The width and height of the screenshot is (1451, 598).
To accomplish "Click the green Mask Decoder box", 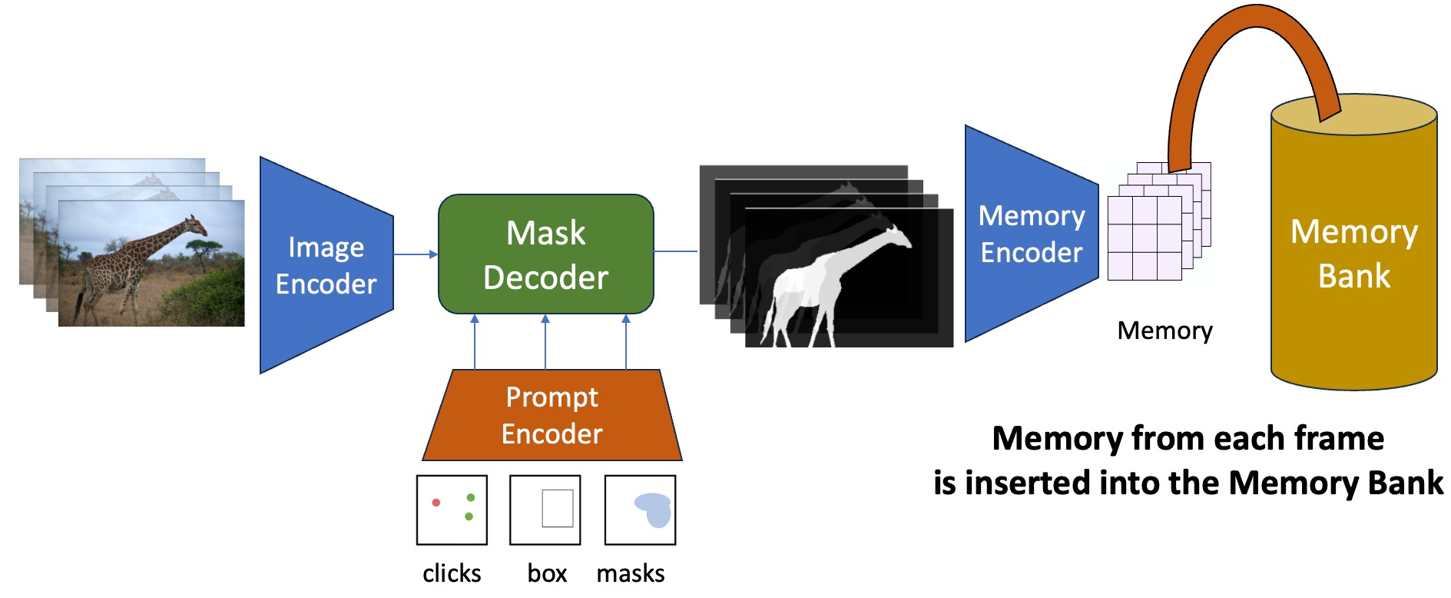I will click(545, 254).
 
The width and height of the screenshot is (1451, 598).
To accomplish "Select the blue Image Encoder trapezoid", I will click(326, 265).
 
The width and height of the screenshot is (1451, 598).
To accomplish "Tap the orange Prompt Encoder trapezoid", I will click(552, 416).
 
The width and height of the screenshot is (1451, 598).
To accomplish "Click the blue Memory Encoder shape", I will click(1030, 234).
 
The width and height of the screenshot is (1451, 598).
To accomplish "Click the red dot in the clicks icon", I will click(436, 503).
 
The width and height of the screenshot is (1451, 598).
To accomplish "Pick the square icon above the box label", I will click(545, 510).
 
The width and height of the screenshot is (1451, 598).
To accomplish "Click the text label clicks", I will click(452, 573).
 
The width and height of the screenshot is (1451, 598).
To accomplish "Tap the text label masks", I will click(631, 573).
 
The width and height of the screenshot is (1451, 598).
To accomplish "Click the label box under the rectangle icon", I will click(547, 573).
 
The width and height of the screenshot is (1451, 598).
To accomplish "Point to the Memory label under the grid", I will click(1164, 331).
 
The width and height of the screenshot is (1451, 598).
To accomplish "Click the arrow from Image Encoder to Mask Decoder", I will click(416, 254).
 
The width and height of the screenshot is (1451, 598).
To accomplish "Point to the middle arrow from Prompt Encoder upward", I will click(545, 342).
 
